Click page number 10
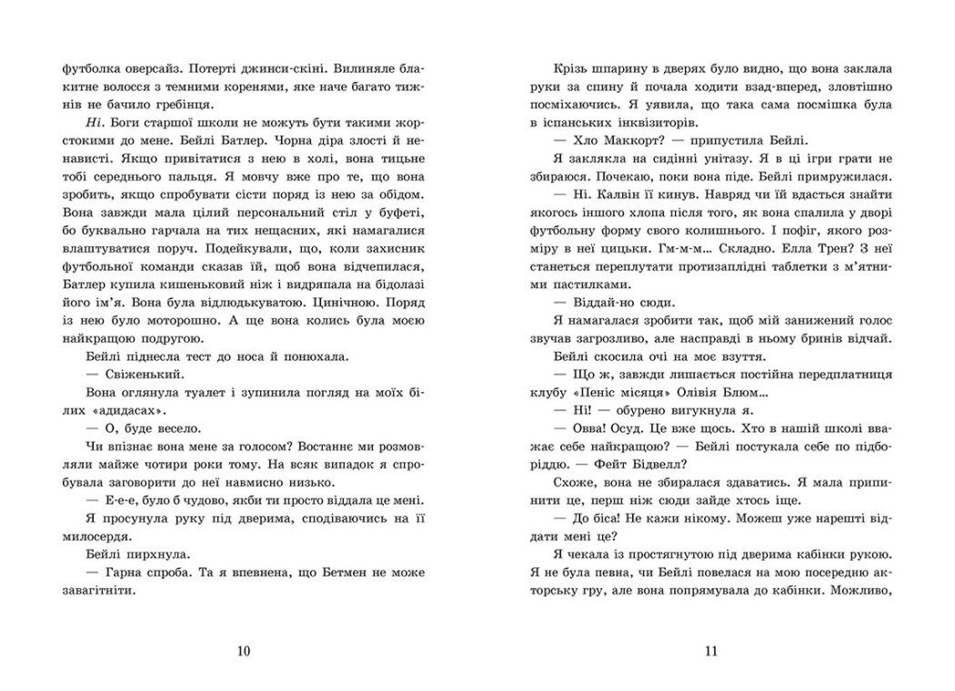point(241,651)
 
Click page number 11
point(711,651)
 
